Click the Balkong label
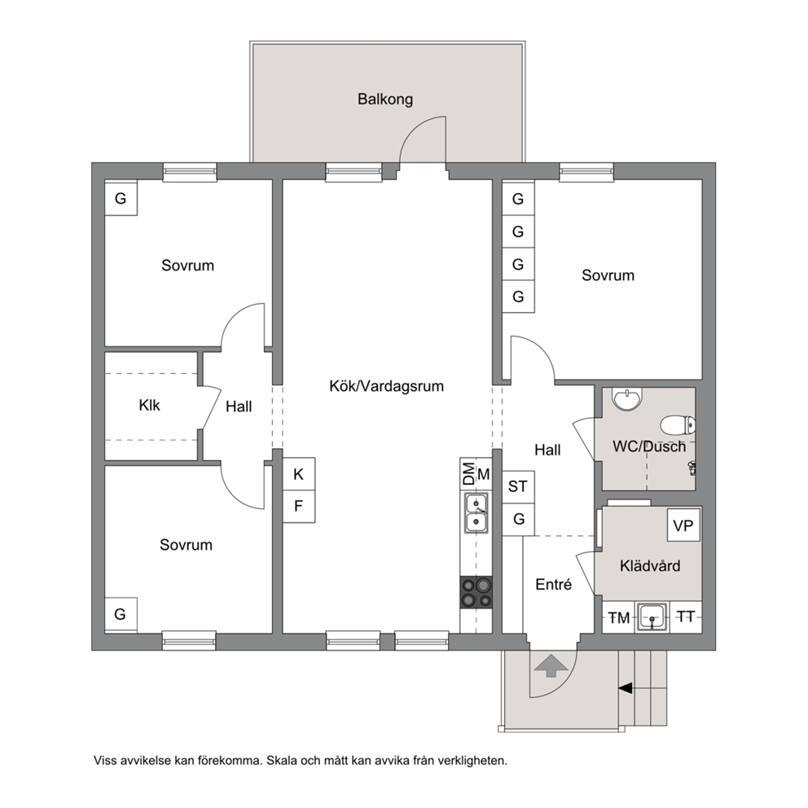pos(385,99)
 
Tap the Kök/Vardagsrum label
pos(386,386)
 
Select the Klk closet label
pos(149,405)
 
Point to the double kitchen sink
pos(476,512)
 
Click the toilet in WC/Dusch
pos(678,425)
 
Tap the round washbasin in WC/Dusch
pos(627,399)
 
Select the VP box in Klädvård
pos(683,525)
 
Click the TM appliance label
pos(619,617)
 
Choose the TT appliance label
pos(685,617)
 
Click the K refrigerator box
pos(299,473)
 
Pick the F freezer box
pos(299,506)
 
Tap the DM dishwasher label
pos(468,473)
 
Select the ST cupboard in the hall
pos(518,486)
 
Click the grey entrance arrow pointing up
pos(551,665)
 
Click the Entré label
pos(553,584)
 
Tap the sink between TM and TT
pos(653,617)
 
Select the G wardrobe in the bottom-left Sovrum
pos(121,614)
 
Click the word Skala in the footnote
pos(281,760)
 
